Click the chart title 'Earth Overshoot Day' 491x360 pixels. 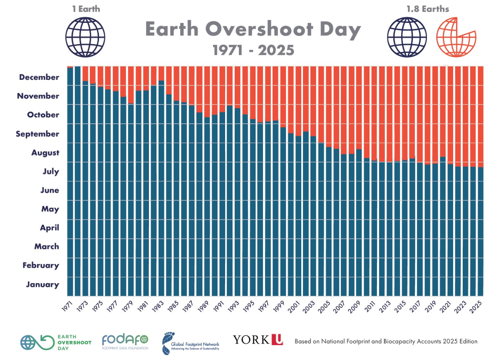(x=253, y=30)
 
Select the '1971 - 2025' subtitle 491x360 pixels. (x=253, y=50)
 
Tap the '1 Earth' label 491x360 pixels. (x=85, y=8)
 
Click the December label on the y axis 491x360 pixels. (x=39, y=77)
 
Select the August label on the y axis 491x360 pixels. (x=45, y=153)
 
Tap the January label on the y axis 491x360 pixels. (x=42, y=285)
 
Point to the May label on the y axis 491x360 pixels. (x=50, y=209)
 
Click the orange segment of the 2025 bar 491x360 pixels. (x=481, y=116)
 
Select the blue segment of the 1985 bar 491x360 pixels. (x=176, y=200)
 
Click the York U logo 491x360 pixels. (x=258, y=340)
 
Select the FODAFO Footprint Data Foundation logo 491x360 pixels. (x=125, y=341)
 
